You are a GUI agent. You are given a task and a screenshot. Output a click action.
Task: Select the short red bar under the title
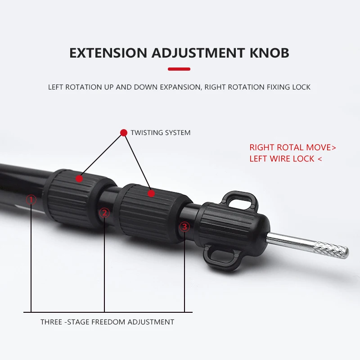(179, 69)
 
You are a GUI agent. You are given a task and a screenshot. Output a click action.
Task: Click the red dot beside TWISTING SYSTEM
(124, 133)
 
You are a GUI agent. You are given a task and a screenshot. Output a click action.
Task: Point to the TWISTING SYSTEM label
(160, 133)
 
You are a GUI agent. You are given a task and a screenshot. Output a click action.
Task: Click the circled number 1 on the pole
(31, 199)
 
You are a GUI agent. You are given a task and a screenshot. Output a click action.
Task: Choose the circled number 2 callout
(104, 212)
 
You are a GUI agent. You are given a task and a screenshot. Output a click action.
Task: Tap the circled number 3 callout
(184, 226)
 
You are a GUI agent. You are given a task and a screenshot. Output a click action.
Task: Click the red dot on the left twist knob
(79, 179)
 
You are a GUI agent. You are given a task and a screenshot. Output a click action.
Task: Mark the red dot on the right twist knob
(151, 193)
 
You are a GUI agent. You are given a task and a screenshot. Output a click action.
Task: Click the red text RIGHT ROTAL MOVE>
(293, 148)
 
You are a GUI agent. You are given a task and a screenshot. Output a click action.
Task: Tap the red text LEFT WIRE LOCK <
(286, 159)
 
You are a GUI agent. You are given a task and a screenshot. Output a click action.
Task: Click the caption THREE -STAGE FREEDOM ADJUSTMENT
(107, 322)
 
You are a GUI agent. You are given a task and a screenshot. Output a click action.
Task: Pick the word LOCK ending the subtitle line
(300, 87)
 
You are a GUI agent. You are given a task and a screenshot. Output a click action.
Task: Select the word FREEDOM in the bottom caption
(108, 322)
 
